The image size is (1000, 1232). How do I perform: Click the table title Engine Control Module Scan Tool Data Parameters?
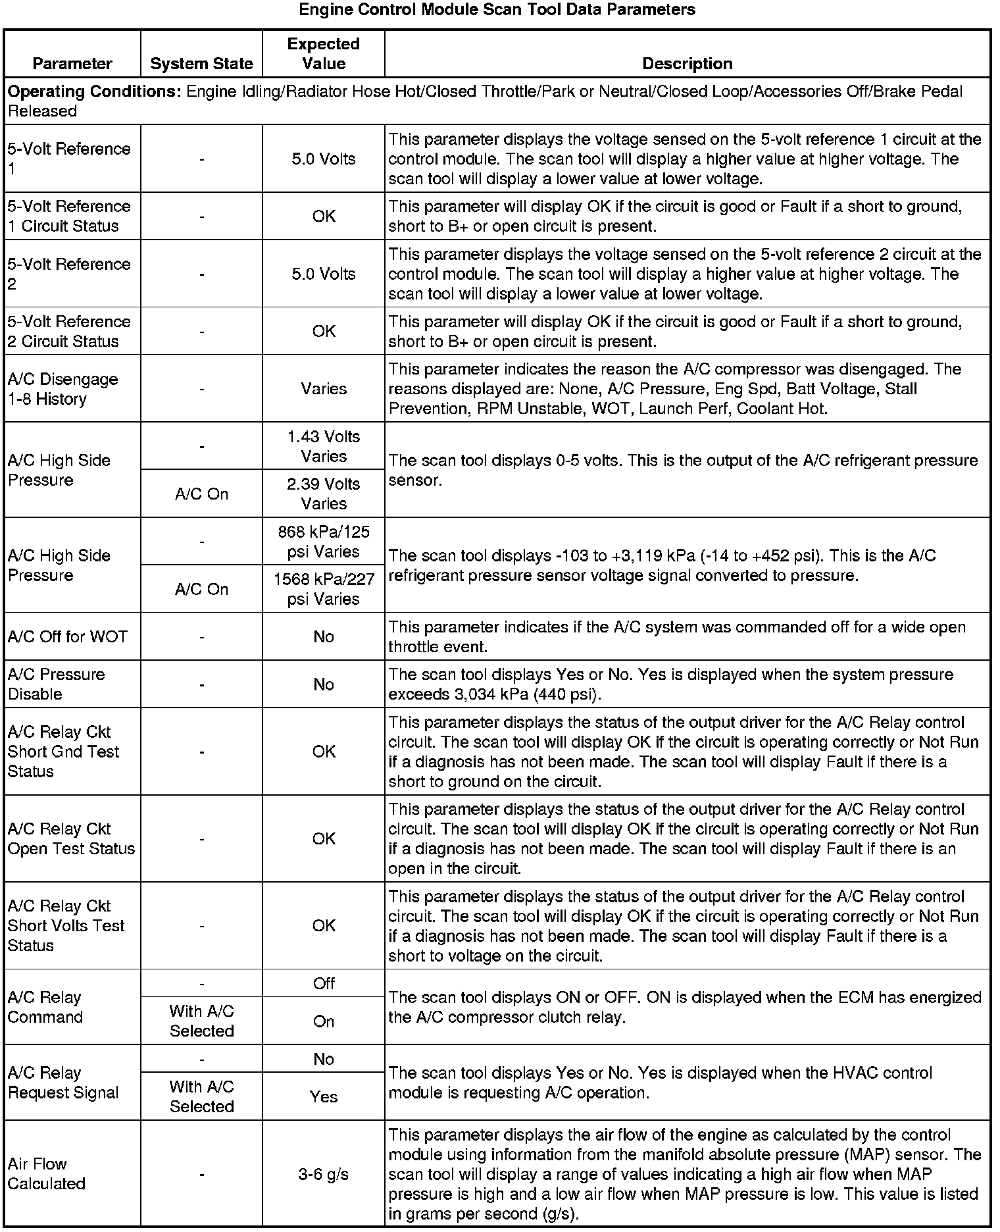point(497,10)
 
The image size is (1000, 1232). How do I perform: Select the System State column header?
point(201,64)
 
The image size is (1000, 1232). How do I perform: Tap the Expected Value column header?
point(324,54)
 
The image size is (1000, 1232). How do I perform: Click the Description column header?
point(687,64)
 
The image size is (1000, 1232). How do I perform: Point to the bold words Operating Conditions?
point(94,91)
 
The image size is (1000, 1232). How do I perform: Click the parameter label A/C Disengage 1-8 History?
point(63,389)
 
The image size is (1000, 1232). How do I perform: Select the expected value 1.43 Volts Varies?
point(324,446)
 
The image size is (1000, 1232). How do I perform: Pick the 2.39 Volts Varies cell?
point(324,494)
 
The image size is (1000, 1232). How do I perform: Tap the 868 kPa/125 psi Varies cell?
point(324,542)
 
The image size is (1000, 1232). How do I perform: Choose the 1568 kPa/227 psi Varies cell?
point(324,589)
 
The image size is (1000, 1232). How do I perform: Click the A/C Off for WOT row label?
point(68,636)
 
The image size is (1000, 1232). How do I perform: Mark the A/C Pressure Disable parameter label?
point(57,684)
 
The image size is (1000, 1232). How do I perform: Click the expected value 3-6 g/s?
point(324,1174)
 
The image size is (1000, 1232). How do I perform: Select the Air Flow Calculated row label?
point(47,1174)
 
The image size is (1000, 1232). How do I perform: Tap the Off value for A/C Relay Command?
point(324,983)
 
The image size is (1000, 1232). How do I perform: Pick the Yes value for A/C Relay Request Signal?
point(324,1096)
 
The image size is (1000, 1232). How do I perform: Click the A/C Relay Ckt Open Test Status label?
point(71,838)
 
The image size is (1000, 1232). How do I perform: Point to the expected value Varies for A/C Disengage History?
point(324,389)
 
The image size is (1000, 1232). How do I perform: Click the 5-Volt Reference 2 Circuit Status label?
point(69,332)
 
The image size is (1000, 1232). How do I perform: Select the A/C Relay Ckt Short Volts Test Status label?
point(66,926)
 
